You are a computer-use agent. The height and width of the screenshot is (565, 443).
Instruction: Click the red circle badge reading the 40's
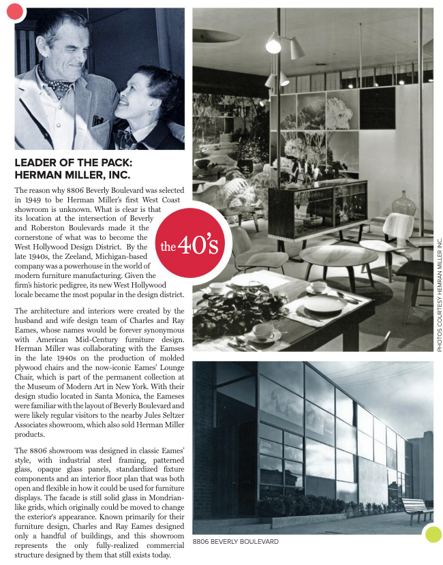pyautogui.click(x=190, y=245)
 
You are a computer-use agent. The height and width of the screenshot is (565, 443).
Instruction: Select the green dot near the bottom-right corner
pyautogui.click(x=432, y=534)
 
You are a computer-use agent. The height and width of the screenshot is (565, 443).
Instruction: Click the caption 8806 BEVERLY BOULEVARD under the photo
pyautogui.click(x=235, y=541)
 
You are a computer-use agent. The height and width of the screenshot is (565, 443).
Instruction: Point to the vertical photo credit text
pyautogui.click(x=440, y=293)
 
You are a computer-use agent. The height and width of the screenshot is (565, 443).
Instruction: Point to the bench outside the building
pyautogui.click(x=413, y=508)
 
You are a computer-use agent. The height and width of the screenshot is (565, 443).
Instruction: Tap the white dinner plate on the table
pyautogui.click(x=324, y=303)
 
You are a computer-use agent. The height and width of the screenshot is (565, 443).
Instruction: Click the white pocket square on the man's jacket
pyautogui.click(x=97, y=121)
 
